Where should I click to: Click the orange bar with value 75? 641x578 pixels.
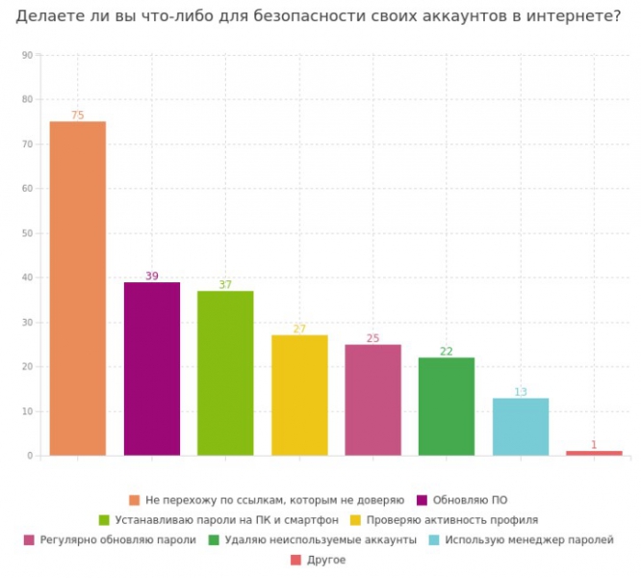coord(77,288)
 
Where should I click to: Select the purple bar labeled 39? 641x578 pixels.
coord(151,368)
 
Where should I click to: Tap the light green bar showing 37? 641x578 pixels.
coord(225,373)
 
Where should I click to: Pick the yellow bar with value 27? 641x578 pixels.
coord(299,395)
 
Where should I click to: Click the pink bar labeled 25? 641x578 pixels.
coord(372,400)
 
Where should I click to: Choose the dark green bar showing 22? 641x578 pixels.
coord(447,407)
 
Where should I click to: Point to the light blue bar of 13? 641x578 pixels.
coord(521,427)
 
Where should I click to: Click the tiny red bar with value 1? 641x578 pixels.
coord(594,453)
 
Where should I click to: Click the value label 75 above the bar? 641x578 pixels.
coord(77,116)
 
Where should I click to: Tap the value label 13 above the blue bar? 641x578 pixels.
coord(521,392)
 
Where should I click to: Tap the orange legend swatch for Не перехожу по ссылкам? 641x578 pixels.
coord(134,500)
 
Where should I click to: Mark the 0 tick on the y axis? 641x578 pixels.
coord(29,456)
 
